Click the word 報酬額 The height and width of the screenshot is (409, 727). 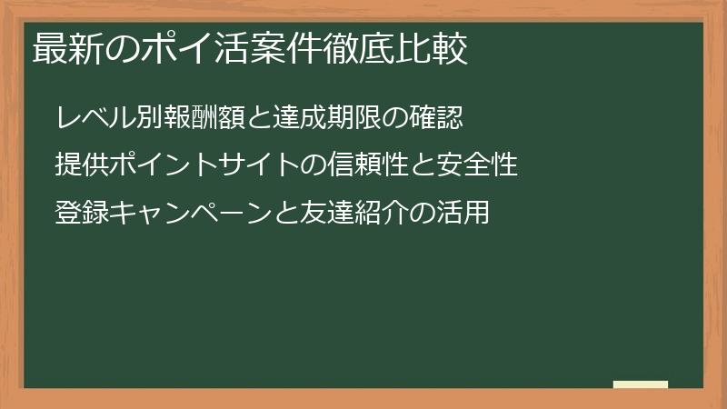pyautogui.click(x=200, y=117)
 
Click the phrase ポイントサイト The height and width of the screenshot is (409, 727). pyautogui.click(x=200, y=165)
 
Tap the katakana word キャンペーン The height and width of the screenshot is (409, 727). pyautogui.click(x=186, y=214)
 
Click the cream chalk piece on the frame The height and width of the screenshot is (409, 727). pyautogui.click(x=641, y=384)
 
